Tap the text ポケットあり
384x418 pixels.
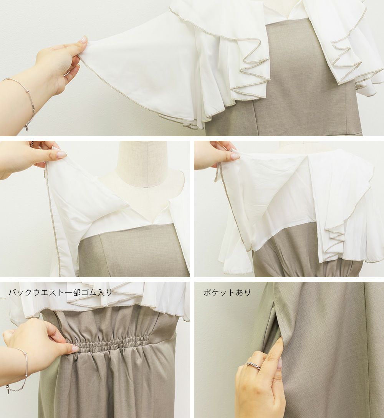pos(227,292)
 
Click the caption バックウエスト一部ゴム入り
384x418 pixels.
pos(60,292)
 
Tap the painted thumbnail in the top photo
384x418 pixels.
pos(84,40)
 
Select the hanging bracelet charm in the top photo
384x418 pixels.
pos(27,128)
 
